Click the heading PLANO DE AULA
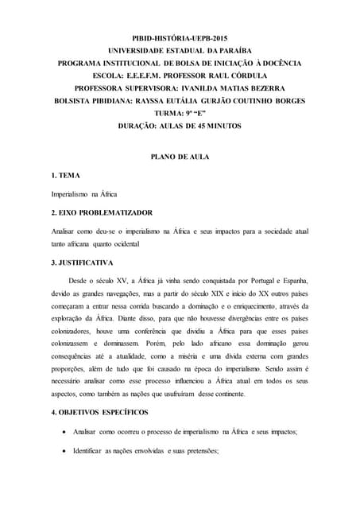[x=180, y=157]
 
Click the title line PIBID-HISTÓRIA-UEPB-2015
[x=179, y=38]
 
